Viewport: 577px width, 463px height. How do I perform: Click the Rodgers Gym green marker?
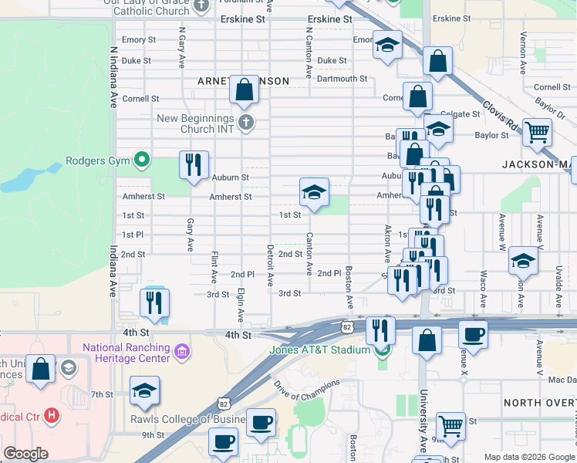[141, 161]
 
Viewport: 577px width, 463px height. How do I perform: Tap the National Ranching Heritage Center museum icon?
[181, 353]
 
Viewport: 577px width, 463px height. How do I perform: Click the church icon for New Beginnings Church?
[245, 122]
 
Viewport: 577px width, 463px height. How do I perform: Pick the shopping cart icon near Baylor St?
[537, 131]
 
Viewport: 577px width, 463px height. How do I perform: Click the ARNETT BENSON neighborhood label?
[243, 81]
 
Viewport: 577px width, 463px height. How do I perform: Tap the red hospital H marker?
[52, 416]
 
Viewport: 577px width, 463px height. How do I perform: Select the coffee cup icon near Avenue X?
[473, 334]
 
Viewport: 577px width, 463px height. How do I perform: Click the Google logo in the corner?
[25, 454]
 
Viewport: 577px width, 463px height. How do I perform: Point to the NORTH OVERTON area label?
[539, 404]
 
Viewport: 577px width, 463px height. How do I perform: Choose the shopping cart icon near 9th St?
[450, 425]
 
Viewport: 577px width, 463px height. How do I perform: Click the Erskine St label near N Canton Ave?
[329, 19]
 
